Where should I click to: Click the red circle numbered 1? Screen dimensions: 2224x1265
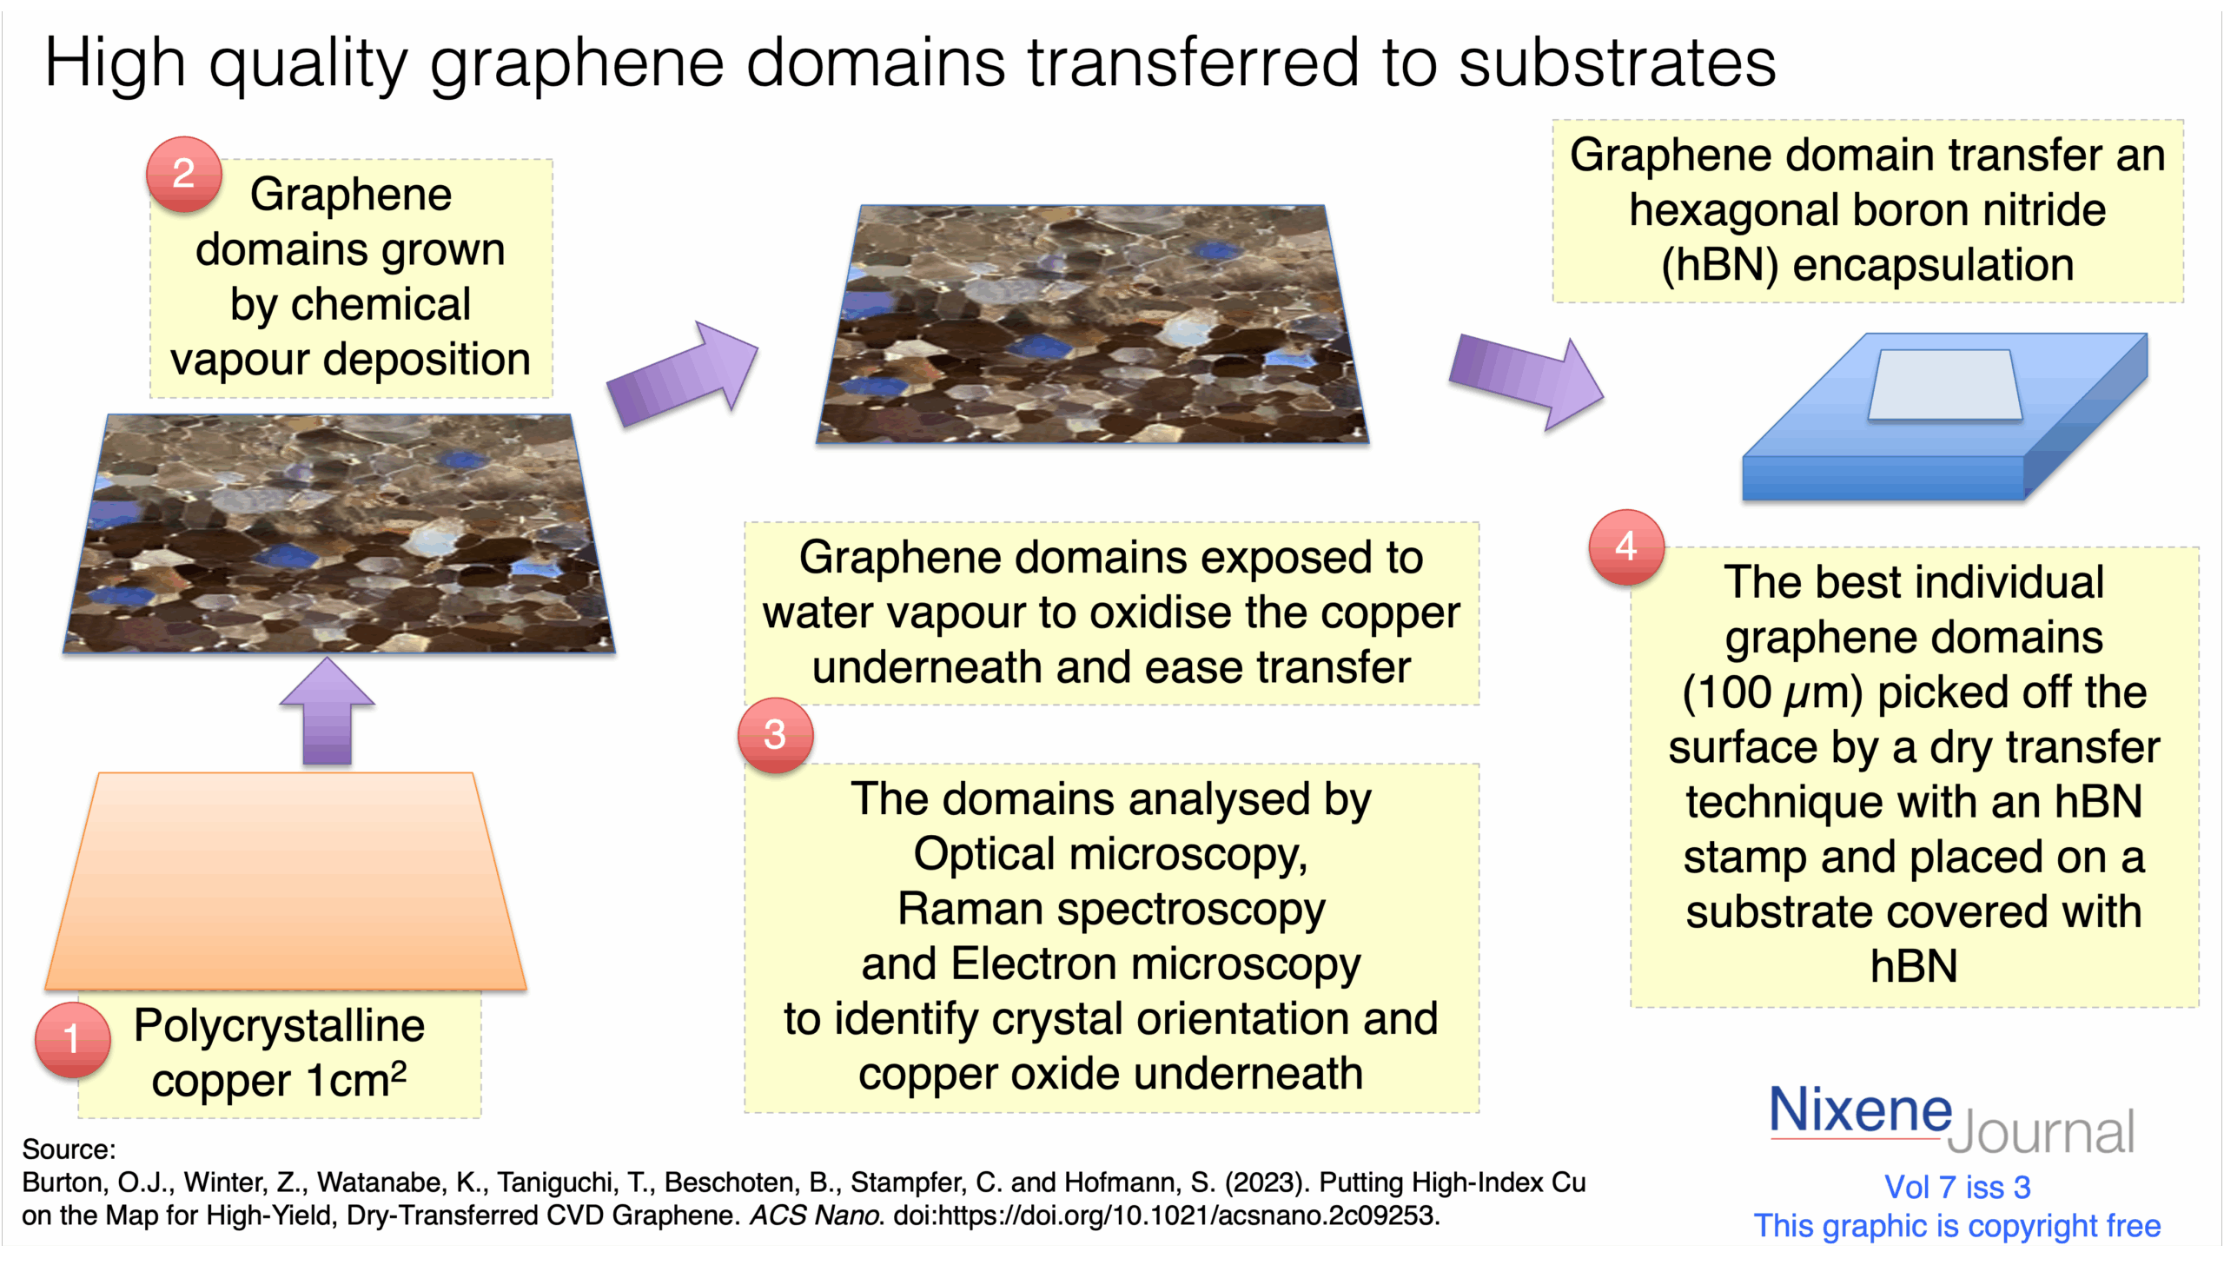coord(72,1039)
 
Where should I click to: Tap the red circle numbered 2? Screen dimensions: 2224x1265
coord(183,174)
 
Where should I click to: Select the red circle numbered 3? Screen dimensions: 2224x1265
coord(775,735)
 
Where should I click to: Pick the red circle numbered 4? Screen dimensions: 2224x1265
coord(1626,546)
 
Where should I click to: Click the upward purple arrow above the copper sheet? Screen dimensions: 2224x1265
coord(328,711)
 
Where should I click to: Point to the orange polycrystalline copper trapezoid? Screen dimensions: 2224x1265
coord(286,881)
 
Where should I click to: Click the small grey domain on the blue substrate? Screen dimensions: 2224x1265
coord(1945,386)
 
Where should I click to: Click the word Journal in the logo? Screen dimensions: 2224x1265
coord(2041,1132)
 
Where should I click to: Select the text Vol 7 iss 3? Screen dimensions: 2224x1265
coord(1957,1187)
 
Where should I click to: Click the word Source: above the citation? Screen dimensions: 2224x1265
coord(69,1149)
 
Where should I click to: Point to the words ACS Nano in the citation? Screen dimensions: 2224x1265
coord(816,1215)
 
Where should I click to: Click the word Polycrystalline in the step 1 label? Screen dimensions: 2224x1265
coord(279,1026)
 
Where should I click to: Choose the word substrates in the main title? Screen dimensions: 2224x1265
coord(1617,63)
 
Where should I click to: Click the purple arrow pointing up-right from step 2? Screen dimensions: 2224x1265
coord(683,374)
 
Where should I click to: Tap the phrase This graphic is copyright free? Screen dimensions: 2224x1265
coord(1957,1226)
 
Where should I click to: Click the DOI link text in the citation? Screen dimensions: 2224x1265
coord(1167,1215)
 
